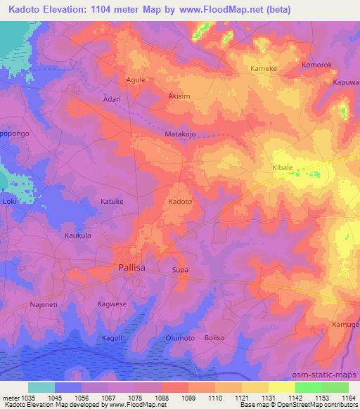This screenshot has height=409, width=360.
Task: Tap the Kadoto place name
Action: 180,202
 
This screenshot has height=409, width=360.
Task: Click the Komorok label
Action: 316,65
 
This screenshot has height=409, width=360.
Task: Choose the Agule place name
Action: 136,80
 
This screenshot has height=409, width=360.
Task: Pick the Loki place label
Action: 9,202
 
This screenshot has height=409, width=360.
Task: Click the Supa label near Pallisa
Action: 180,269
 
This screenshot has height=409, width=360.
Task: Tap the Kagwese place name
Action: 111,304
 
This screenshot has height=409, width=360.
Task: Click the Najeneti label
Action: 44,304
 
